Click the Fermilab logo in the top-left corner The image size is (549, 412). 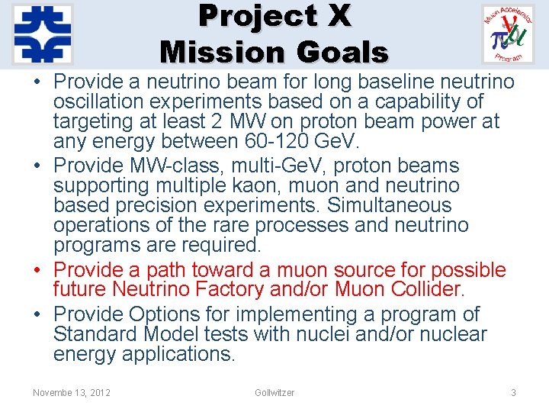click(43, 34)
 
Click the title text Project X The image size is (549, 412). click(274, 15)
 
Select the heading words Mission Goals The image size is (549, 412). click(274, 52)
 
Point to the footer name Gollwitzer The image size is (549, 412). click(274, 392)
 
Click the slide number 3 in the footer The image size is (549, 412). click(513, 392)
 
